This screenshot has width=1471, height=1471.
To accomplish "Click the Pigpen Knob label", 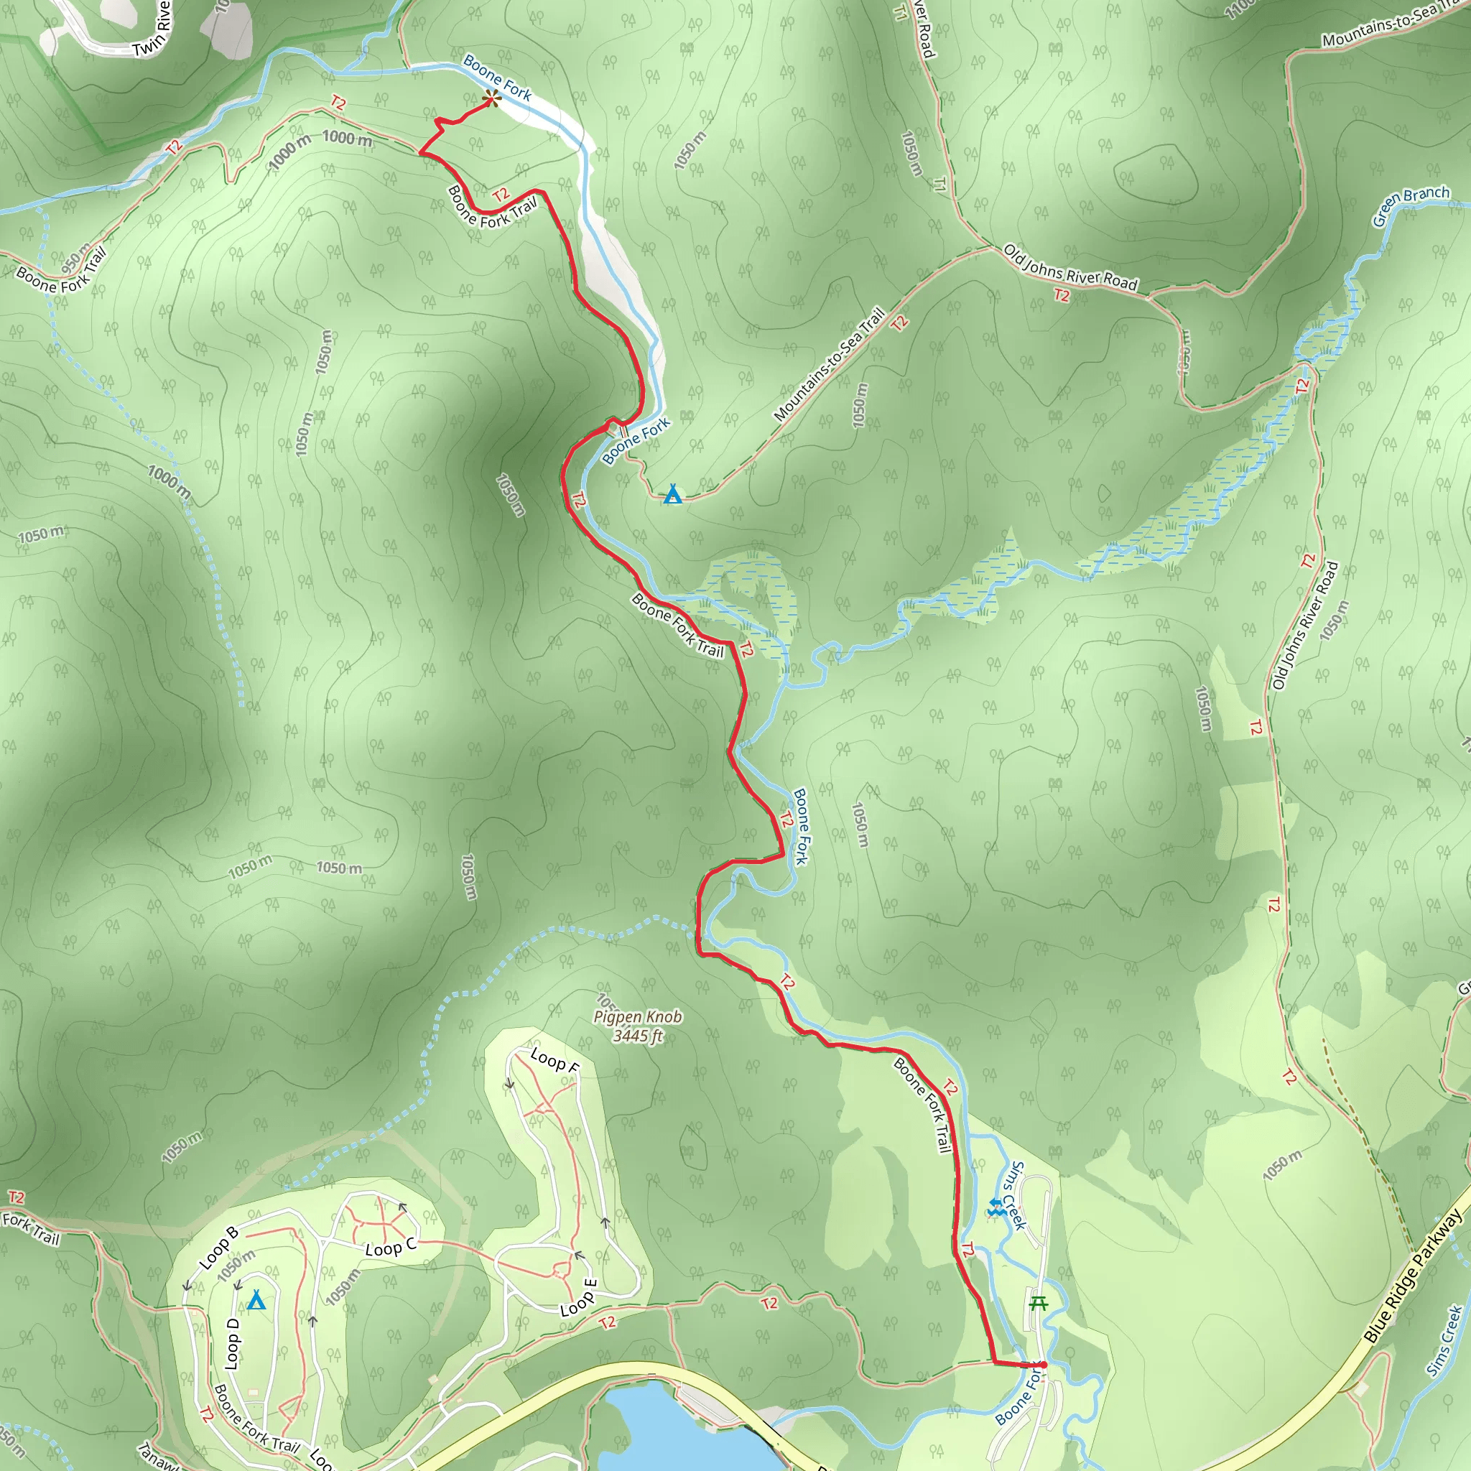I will (637, 1017).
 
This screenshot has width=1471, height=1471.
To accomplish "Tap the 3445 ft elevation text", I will (638, 1036).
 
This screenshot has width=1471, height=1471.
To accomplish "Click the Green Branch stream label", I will (1410, 205).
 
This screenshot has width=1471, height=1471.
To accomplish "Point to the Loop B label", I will (218, 1247).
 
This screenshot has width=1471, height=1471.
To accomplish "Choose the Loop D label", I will (233, 1344).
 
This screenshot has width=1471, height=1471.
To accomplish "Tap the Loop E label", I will (579, 1298).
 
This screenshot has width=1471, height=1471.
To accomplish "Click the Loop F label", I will (554, 1061).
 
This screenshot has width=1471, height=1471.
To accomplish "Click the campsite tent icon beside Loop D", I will (256, 1301).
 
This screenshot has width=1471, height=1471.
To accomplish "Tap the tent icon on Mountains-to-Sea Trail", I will (672, 495).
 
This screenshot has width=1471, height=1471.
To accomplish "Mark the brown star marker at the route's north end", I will (492, 98).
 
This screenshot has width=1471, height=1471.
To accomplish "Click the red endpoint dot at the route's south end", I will (1043, 1365).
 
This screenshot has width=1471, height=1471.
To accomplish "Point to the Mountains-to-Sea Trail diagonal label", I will (829, 365).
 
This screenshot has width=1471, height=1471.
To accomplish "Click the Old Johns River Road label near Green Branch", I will (1069, 268).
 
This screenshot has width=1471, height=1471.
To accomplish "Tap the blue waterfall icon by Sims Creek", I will (994, 1207).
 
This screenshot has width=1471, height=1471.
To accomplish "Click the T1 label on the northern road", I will (939, 183).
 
